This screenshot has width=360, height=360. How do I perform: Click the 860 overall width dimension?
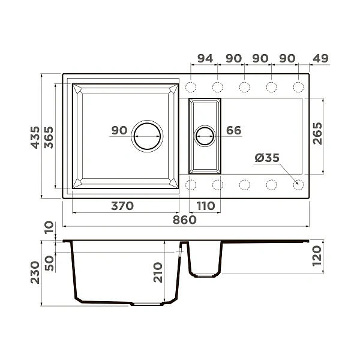pos(185,220)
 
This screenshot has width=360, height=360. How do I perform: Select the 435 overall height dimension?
pos(35,137)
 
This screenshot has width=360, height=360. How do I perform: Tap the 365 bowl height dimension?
pos(49,137)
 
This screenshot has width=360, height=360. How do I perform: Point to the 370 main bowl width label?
pos(122,206)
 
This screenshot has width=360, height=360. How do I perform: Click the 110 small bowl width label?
pos(206,206)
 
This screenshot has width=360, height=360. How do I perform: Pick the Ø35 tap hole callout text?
pos(267,158)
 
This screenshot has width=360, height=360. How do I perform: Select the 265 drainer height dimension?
pos(317,133)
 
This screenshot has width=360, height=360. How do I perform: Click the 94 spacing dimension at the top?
pos(205,58)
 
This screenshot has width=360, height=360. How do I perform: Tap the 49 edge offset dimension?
pos(320,58)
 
